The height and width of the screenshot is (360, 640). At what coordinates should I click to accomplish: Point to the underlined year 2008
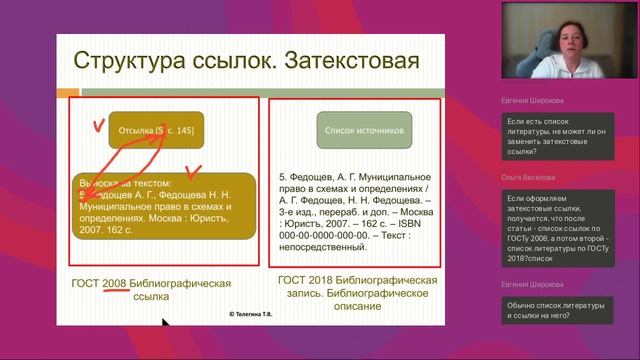(114, 283)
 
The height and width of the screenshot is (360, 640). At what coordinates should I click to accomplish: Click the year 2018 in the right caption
(326, 278)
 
